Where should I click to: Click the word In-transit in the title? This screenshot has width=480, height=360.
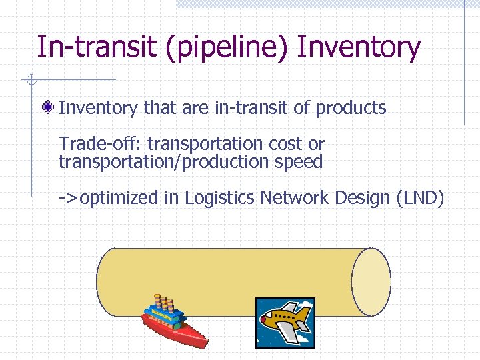tap(87, 47)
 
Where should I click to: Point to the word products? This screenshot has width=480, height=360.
tap(351, 108)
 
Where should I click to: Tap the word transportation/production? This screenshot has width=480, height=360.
tap(163, 162)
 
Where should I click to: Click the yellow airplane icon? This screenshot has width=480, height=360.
tap(285, 321)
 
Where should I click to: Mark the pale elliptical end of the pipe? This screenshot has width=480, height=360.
tap(371, 282)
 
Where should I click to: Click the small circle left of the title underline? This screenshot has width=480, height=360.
tap(30, 81)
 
